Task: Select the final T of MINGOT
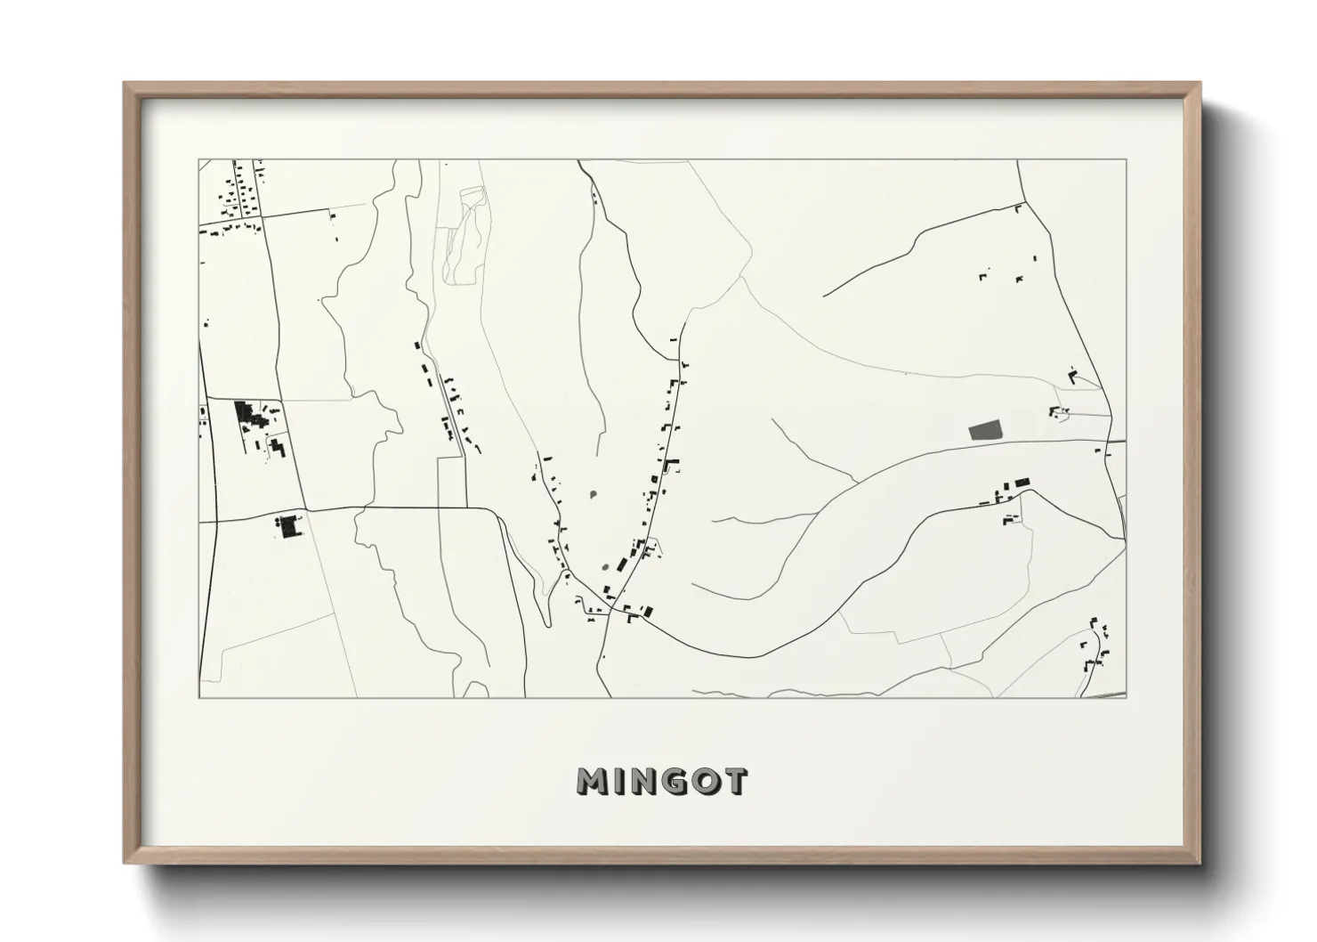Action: click(x=734, y=782)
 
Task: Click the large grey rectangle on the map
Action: click(x=983, y=431)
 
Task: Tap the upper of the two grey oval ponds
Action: click(x=593, y=492)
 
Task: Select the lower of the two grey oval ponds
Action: click(x=605, y=565)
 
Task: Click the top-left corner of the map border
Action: click(x=198, y=160)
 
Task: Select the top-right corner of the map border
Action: click(x=1126, y=160)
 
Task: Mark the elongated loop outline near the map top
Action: click(x=465, y=236)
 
